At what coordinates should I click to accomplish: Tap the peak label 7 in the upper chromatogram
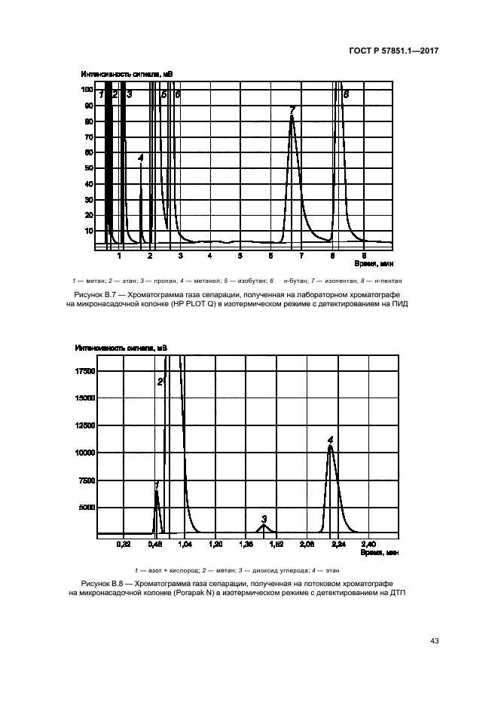[292, 110]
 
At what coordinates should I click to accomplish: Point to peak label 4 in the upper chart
[141, 158]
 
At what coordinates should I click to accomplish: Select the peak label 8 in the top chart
[346, 95]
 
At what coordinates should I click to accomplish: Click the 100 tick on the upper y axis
[87, 90]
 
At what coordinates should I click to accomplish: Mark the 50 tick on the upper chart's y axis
[89, 167]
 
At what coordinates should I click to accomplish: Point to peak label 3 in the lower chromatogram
[264, 519]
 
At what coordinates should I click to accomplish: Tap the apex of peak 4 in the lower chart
[330, 446]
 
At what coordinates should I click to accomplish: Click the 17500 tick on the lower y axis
[85, 370]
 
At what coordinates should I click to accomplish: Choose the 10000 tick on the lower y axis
[85, 453]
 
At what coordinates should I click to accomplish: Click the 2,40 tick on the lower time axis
[369, 543]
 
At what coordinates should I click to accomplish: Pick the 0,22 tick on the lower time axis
[124, 543]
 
